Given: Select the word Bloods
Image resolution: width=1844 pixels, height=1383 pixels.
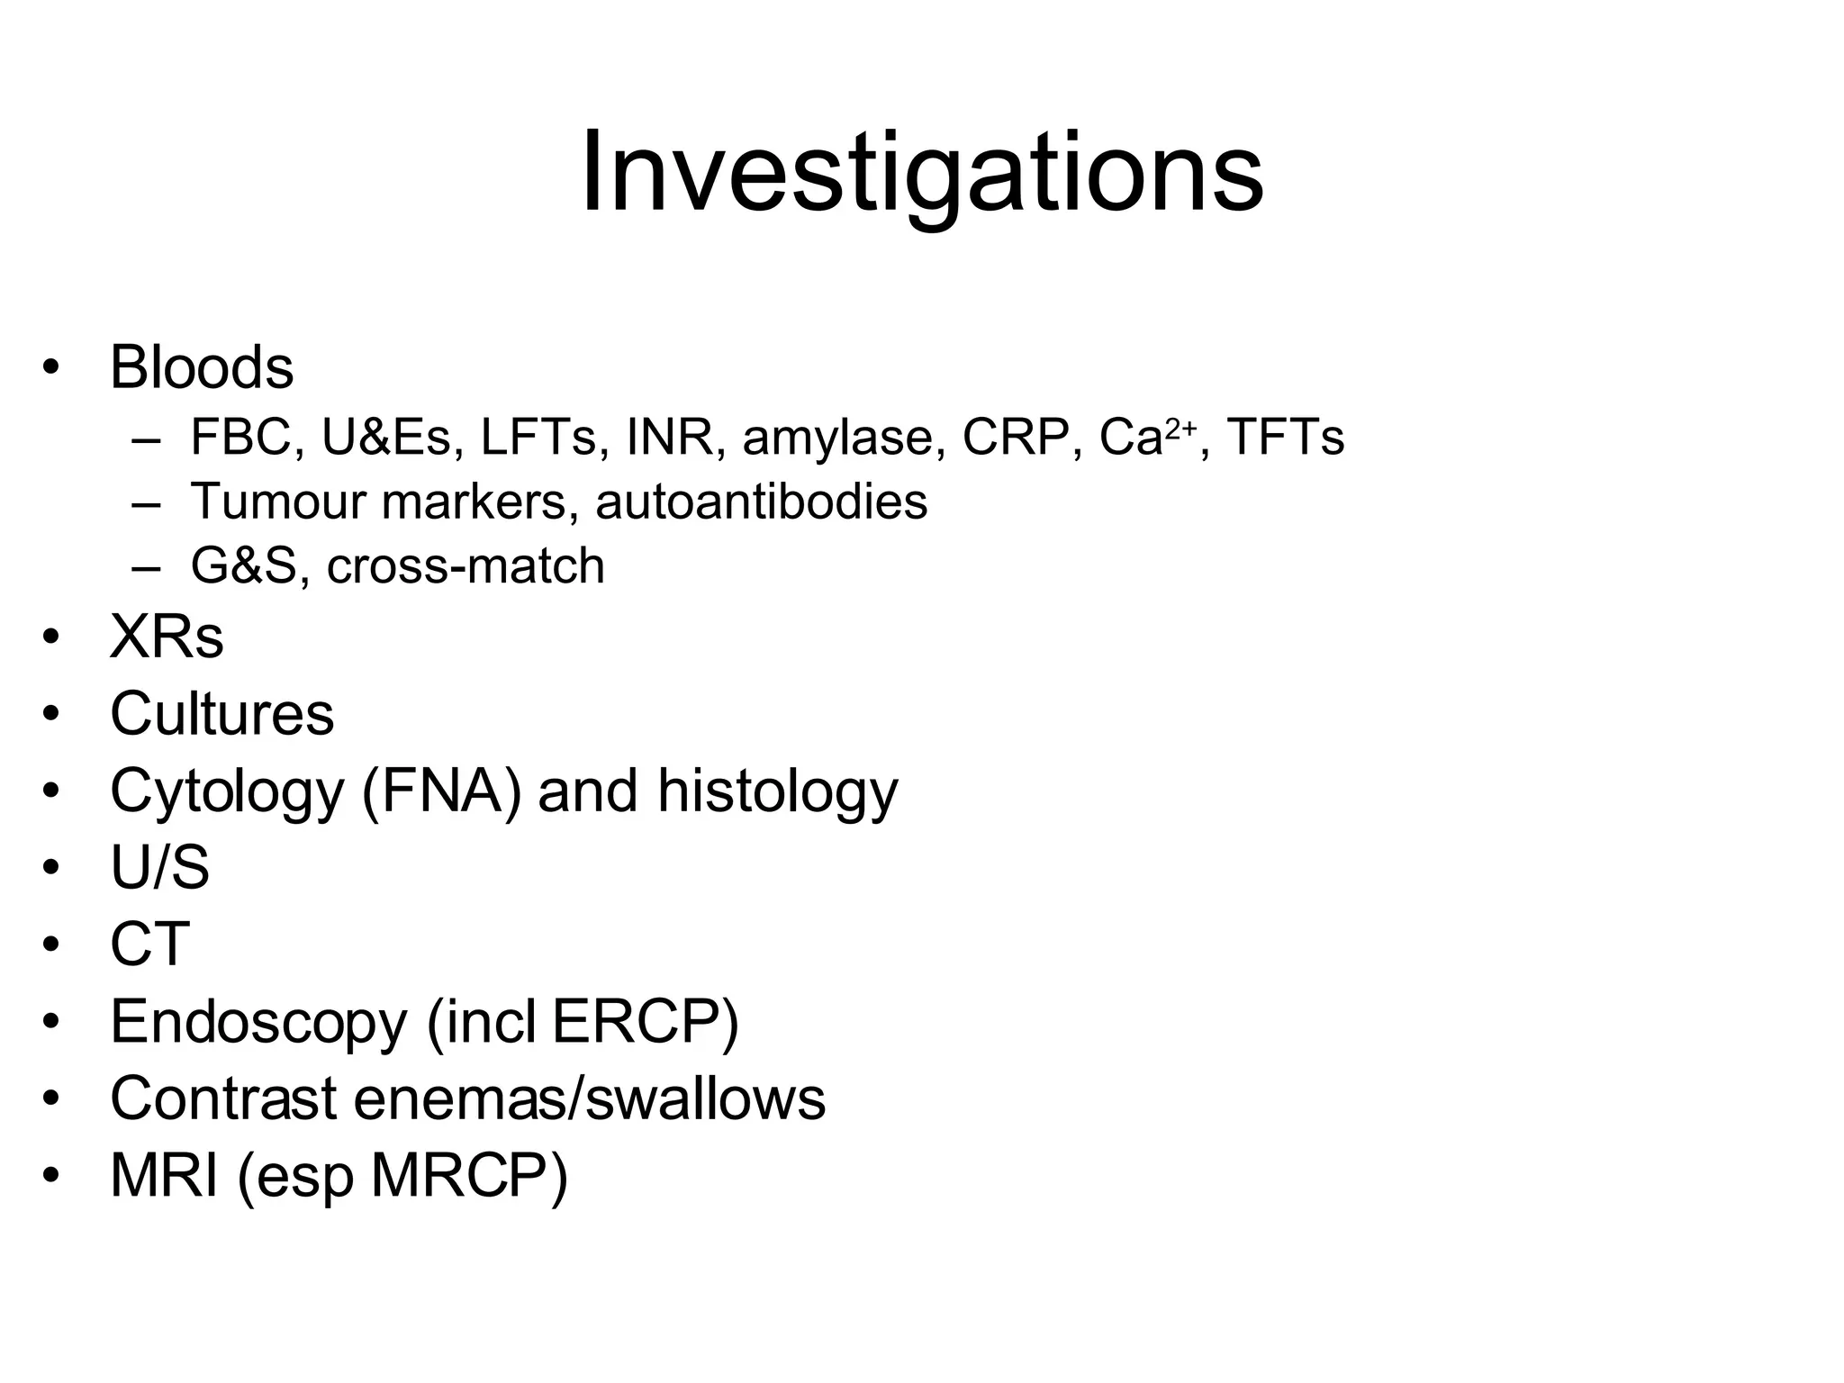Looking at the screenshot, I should point(202,367).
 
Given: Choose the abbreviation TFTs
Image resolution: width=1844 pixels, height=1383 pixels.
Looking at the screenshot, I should point(1285,438).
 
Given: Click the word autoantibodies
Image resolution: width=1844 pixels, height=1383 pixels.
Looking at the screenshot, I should point(761,502).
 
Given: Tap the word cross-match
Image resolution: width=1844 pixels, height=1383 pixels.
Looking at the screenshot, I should point(466,566).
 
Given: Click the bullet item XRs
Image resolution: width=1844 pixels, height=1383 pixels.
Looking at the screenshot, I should point(167,637).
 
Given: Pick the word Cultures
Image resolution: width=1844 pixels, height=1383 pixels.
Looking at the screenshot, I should point(221,714).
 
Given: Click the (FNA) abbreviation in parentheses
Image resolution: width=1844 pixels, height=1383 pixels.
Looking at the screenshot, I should point(441,791).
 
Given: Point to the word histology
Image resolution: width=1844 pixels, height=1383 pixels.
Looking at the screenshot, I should point(777,791).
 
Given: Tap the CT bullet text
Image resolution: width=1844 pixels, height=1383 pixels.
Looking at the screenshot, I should point(149,945).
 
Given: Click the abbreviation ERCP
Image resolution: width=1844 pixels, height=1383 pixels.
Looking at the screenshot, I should point(644,1022).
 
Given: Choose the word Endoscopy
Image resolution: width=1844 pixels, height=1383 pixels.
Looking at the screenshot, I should point(258,1022).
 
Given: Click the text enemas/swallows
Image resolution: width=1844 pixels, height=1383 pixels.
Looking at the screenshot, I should point(589,1098).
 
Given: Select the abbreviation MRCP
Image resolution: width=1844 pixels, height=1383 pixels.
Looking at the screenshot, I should point(468,1176).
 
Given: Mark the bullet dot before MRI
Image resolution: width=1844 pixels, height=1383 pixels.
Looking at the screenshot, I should point(51,1176).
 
